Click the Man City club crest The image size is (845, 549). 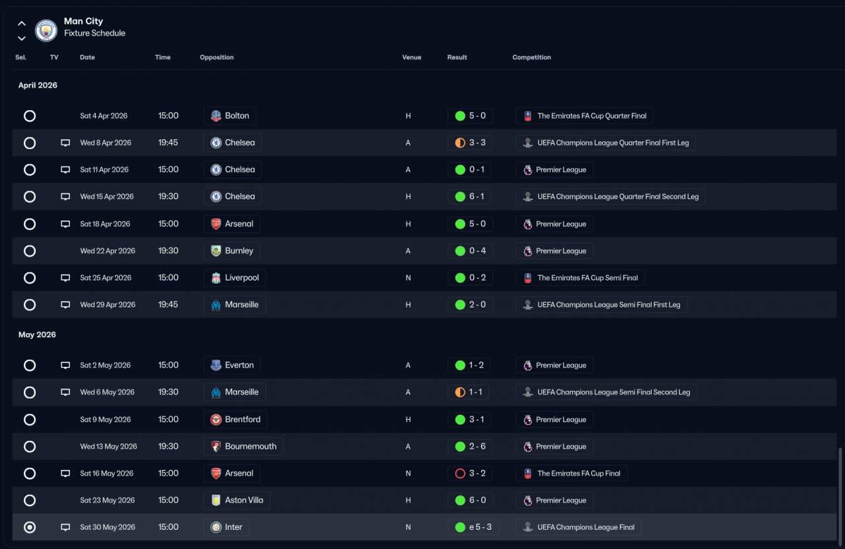click(x=46, y=30)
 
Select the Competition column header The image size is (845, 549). click(x=531, y=57)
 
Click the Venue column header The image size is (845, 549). click(x=411, y=57)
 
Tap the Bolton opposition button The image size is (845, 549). click(x=230, y=115)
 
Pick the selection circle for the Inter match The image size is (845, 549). click(x=30, y=527)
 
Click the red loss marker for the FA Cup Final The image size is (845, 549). click(x=460, y=473)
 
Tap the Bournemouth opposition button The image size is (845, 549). click(x=244, y=447)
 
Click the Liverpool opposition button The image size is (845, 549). click(x=234, y=278)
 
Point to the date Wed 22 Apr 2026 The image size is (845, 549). click(x=108, y=251)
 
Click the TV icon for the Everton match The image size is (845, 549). click(x=65, y=366)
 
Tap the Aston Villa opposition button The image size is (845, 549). click(x=237, y=500)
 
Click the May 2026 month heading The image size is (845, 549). click(x=37, y=335)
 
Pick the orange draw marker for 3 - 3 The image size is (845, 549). click(x=460, y=143)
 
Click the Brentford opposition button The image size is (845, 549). click(x=236, y=420)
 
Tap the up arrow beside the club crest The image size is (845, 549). click(x=22, y=23)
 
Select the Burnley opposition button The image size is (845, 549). click(x=232, y=251)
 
